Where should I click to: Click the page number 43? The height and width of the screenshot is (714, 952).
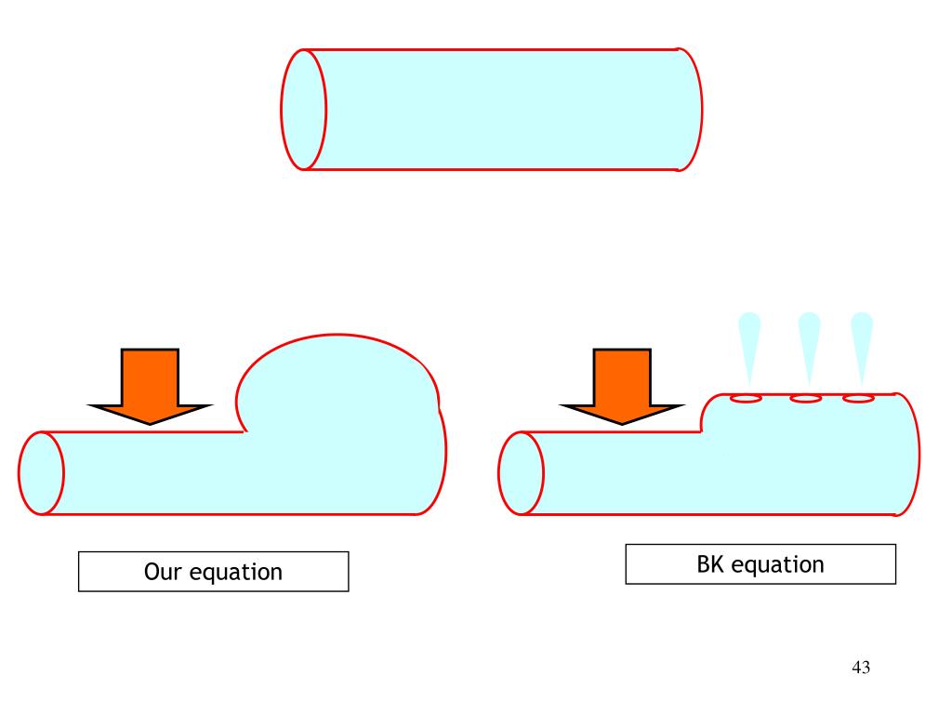coord(860,668)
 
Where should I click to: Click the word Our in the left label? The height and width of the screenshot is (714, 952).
coord(164,571)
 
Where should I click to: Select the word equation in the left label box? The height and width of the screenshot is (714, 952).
coord(236,572)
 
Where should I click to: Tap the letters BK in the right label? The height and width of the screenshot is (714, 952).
coord(710,563)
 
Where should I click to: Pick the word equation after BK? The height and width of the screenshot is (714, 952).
coord(777,564)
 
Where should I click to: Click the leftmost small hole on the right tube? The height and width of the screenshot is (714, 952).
coord(747,399)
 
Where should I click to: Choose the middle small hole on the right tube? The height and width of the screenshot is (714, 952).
coord(805,399)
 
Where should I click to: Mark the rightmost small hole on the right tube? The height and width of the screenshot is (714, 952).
coord(858,399)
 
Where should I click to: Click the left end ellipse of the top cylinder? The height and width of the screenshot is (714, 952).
coord(304,110)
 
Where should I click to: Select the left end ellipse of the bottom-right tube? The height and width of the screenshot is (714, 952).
coord(522,472)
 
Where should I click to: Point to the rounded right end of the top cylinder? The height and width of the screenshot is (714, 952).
coord(690,110)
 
